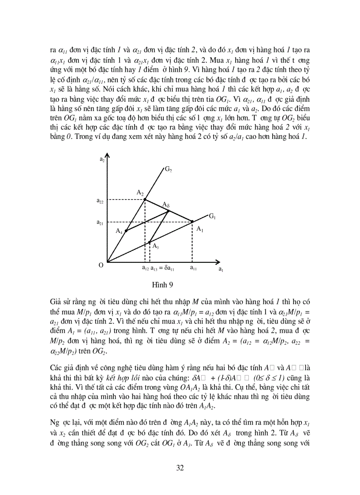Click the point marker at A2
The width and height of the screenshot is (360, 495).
pyautogui.click(x=145, y=199)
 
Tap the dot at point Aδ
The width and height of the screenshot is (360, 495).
pyautogui.click(x=168, y=211)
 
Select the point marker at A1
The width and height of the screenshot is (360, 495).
pyautogui.click(x=192, y=221)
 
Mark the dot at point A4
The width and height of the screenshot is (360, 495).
pyautogui.click(x=126, y=231)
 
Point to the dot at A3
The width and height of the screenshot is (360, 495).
pyautogui.click(x=150, y=242)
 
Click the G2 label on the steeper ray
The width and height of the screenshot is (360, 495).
pyautogui.click(x=168, y=169)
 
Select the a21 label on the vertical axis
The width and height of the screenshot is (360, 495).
pyautogui.click(x=100, y=223)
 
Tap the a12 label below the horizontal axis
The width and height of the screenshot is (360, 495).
pyautogui.click(x=145, y=268)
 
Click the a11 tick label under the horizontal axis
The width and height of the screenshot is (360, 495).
pyautogui.click(x=194, y=268)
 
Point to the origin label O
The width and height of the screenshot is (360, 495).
pyautogui.click(x=101, y=264)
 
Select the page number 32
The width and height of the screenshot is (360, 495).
pyautogui.click(x=180, y=468)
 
